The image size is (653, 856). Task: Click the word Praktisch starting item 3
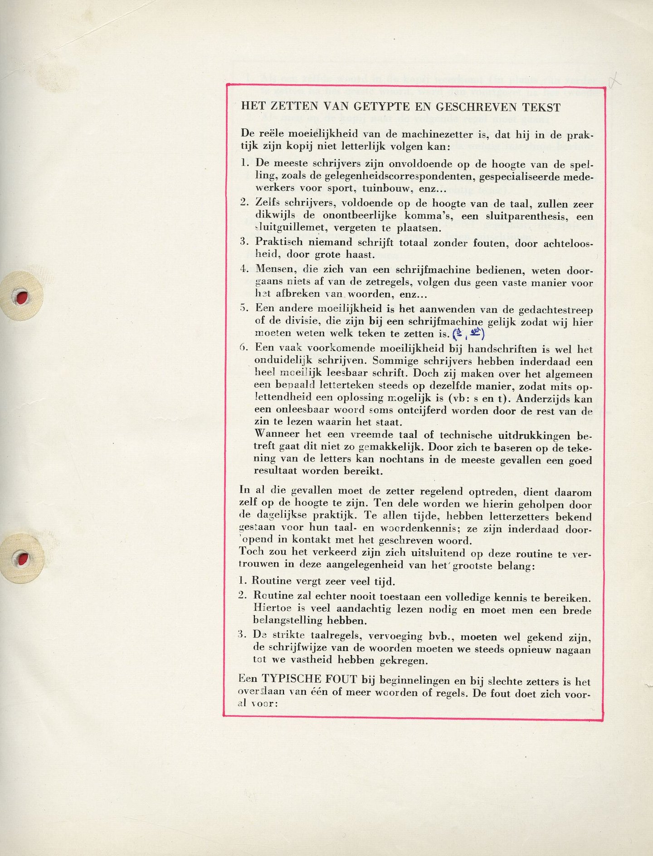(279, 242)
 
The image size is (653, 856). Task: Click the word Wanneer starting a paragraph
(274, 434)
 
